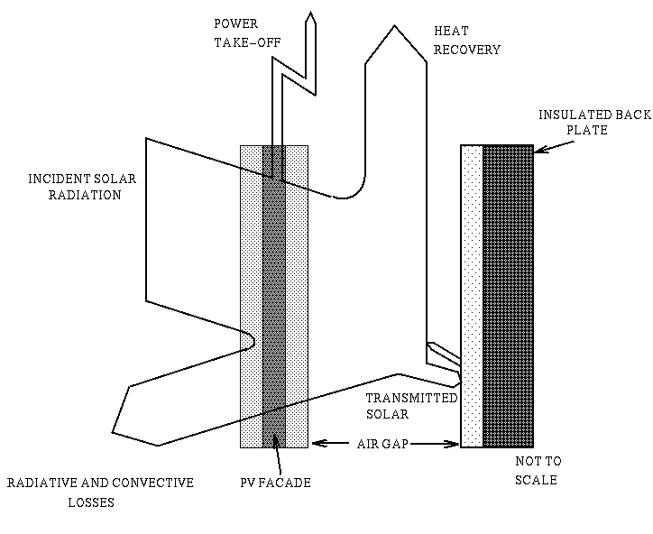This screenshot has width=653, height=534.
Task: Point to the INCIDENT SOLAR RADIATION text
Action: click(x=81, y=187)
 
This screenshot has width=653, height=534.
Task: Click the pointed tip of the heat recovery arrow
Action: click(x=394, y=27)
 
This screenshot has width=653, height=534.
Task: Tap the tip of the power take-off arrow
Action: click(x=310, y=14)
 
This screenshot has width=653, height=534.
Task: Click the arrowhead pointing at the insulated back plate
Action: click(x=537, y=154)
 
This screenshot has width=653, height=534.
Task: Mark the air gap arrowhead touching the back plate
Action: click(x=455, y=443)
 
